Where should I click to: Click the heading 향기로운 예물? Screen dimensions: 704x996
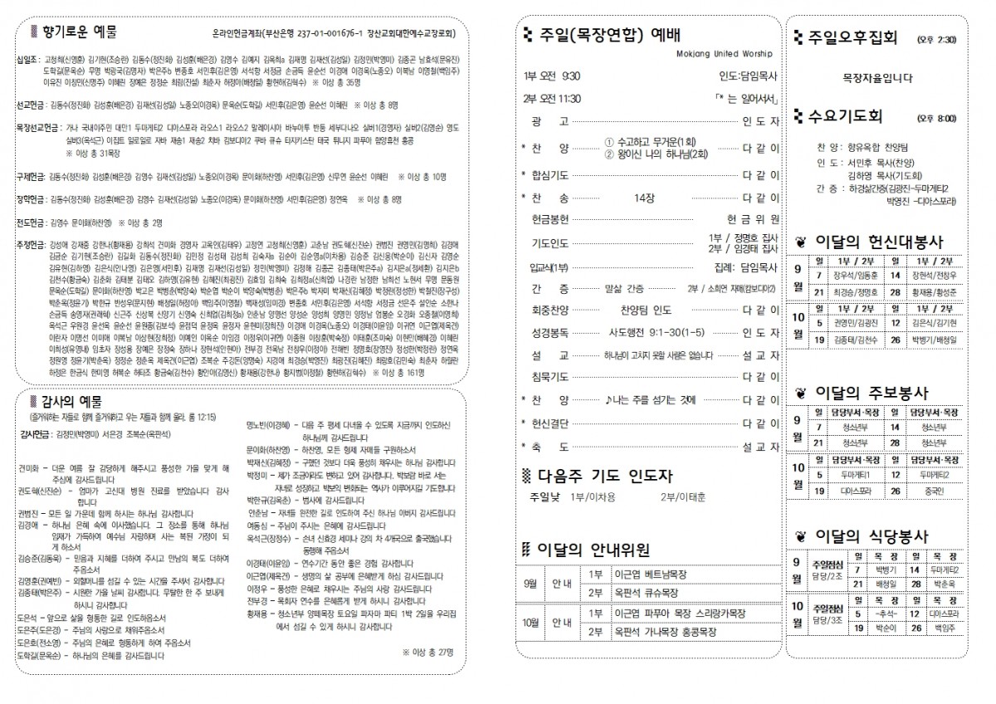tap(79, 32)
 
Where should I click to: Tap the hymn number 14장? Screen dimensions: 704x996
tap(644, 198)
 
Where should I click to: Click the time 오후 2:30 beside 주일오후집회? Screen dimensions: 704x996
tap(936, 38)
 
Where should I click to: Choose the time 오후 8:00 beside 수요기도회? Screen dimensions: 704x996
tap(936, 119)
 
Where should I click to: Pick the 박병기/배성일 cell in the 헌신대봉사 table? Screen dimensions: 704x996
tap(934, 340)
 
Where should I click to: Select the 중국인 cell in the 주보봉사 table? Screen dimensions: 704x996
tap(934, 491)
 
